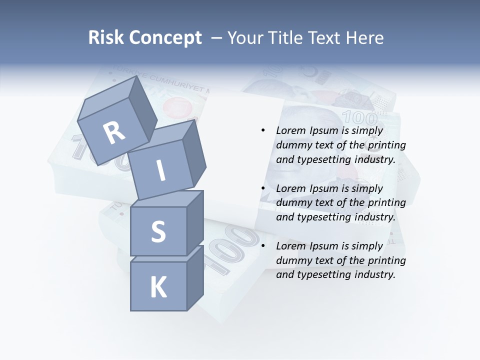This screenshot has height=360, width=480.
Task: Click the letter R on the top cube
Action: click(x=114, y=133)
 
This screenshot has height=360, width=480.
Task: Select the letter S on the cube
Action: click(x=158, y=231)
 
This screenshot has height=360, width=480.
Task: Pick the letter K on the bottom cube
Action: click(x=158, y=287)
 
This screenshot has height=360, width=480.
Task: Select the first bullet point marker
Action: click(x=263, y=130)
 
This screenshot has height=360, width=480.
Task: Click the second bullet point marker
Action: click(x=263, y=188)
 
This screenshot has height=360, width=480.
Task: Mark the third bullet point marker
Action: click(x=263, y=246)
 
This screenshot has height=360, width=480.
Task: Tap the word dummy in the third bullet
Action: click(x=293, y=260)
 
